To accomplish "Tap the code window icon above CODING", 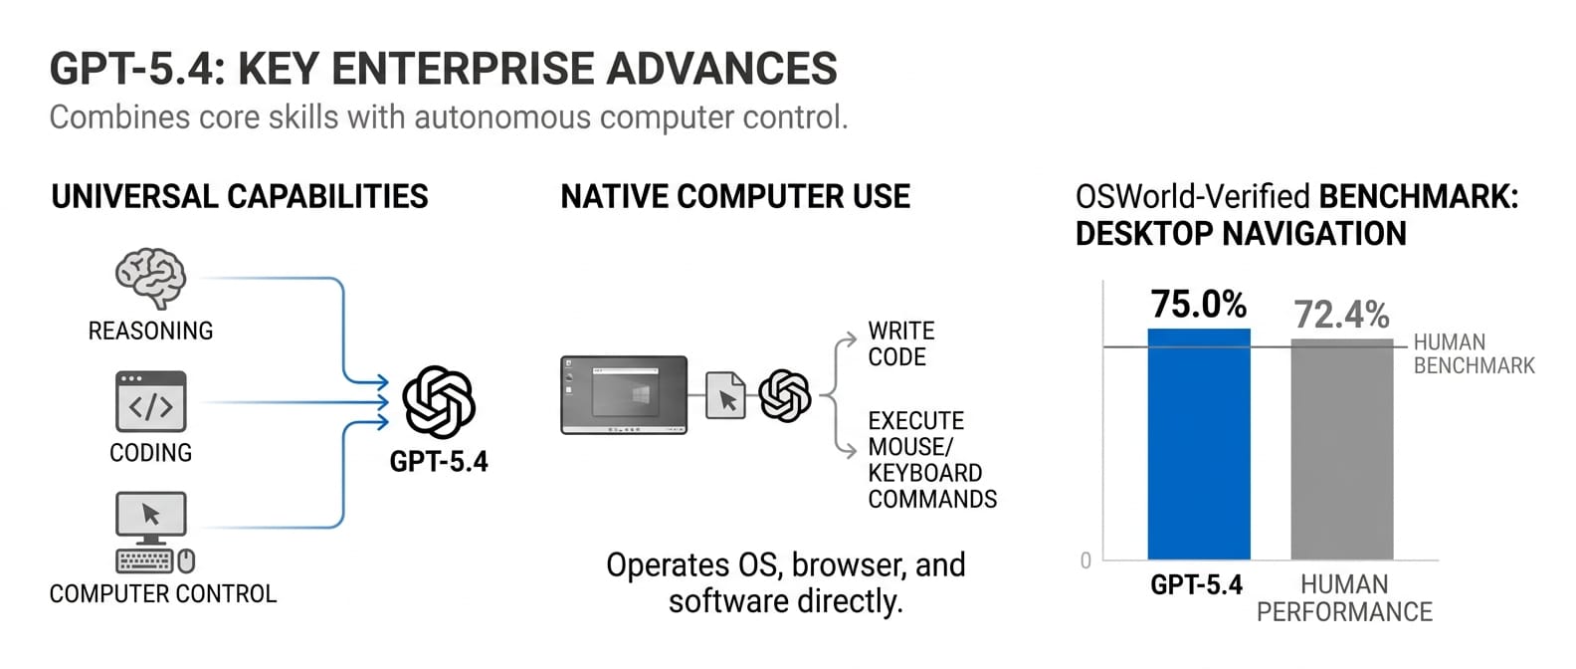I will [150, 401].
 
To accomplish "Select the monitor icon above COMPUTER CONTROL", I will [151, 517].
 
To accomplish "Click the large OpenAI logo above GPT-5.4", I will [439, 402].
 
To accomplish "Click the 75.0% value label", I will [1198, 304].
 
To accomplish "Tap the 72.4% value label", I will [1341, 315].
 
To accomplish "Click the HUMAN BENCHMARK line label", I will [1474, 354].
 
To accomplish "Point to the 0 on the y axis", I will [1085, 560].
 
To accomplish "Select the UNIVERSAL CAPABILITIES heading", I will [240, 197].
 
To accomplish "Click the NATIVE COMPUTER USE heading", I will [735, 197].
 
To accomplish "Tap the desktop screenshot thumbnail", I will [624, 394].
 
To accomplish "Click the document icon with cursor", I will [725, 395].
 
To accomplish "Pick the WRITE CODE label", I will [900, 343].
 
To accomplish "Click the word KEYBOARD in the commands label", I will [924, 473].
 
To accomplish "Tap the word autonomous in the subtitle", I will [502, 117].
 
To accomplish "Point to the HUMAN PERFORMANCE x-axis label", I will [1344, 597].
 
